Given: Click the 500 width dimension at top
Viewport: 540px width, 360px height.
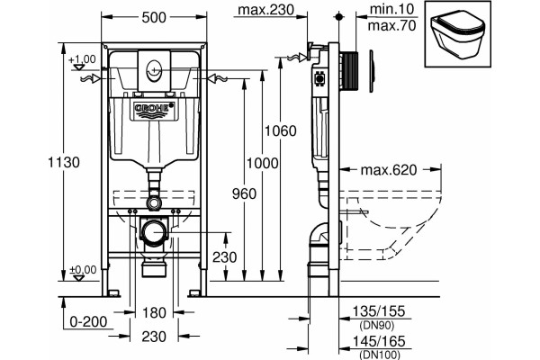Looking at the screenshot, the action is tap(154, 17).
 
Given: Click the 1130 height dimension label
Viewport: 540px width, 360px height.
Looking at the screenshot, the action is tap(64, 162).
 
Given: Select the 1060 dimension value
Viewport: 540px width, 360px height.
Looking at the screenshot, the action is tap(280, 130).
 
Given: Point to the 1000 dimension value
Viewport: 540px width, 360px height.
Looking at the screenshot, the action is tap(263, 163).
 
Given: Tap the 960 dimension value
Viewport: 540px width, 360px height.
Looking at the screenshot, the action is tap(244, 194).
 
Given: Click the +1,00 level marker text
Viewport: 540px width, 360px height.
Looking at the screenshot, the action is tap(82, 59).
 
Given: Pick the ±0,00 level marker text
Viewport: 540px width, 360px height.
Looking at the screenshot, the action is tap(83, 269).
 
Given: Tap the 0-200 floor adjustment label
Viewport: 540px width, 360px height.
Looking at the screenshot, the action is tap(88, 322).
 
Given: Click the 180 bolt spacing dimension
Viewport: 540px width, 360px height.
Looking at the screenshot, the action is tap(154, 313).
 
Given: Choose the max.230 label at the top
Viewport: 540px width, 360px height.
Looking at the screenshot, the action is tap(266, 10).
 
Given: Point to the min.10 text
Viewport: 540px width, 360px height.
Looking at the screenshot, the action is tap(391, 9).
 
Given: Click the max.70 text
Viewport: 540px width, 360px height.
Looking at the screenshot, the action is tap(391, 26).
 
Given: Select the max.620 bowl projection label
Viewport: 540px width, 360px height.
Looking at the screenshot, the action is tap(389, 170).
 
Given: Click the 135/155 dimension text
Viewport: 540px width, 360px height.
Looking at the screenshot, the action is tap(379, 311).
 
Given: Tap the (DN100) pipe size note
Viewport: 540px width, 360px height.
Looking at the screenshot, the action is tap(380, 355).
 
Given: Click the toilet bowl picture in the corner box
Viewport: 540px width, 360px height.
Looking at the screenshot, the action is tap(458, 34).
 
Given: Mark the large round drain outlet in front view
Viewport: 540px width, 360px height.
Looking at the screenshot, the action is tap(154, 232).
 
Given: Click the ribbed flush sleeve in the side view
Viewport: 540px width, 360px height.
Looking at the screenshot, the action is tap(349, 71).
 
